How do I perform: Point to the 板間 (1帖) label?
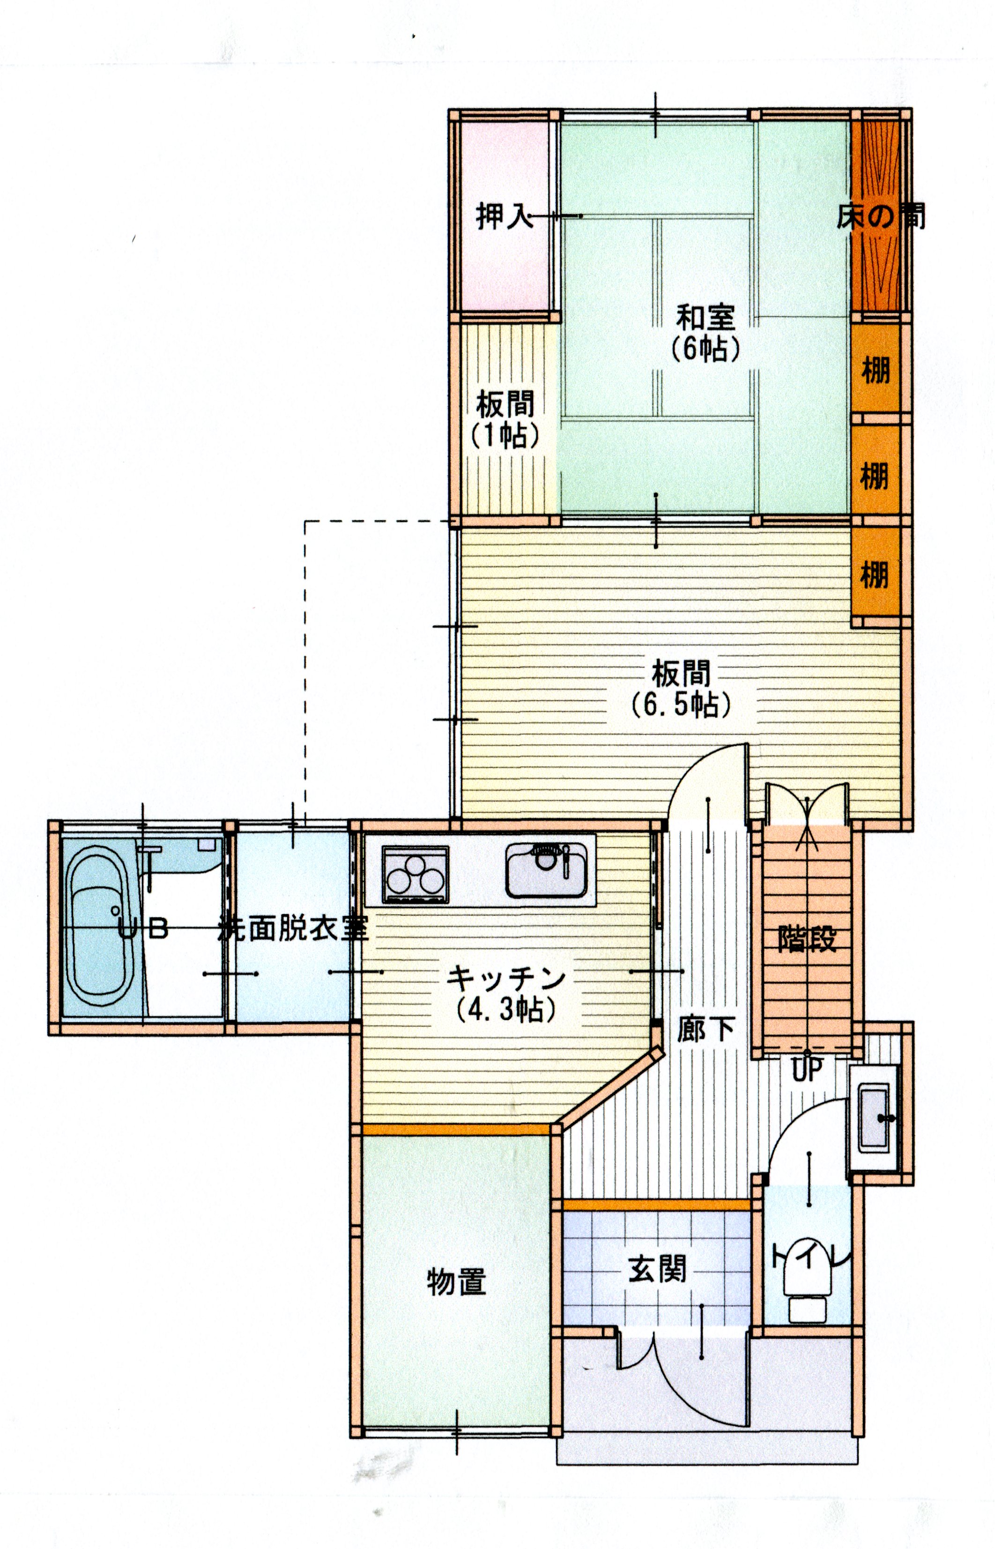click(x=505, y=420)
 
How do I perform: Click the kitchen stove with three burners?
click(x=415, y=875)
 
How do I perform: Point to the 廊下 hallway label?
click(x=706, y=1029)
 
